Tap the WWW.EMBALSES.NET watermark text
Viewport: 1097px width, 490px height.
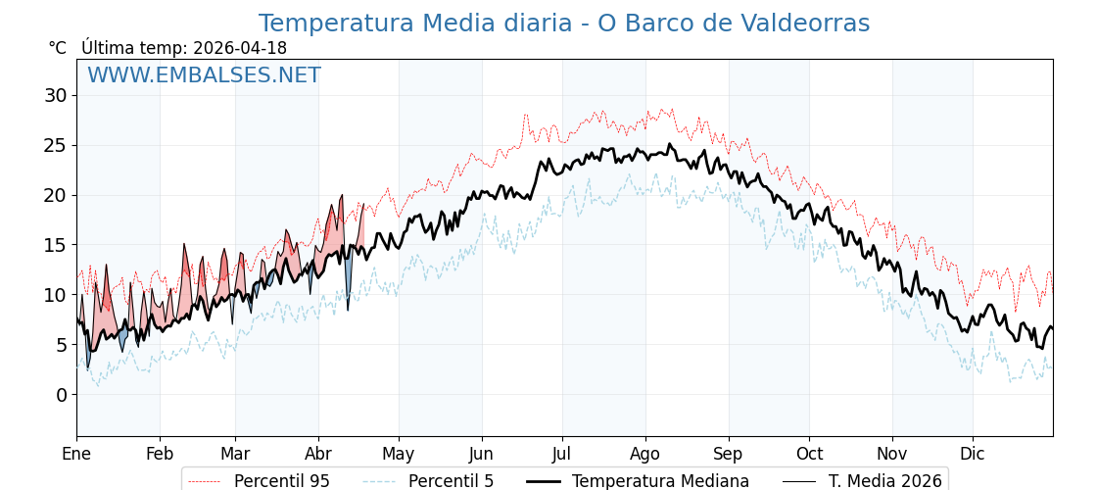point(204,75)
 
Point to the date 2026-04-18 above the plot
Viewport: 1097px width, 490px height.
point(240,48)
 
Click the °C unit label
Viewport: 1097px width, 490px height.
point(58,48)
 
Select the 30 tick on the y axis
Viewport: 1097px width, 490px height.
point(55,95)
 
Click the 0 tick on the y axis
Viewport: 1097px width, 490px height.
point(61,395)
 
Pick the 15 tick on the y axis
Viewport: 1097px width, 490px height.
point(55,245)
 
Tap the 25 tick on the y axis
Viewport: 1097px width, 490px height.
point(55,145)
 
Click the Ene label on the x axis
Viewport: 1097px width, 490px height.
point(76,454)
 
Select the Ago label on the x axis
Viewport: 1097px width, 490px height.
point(645,454)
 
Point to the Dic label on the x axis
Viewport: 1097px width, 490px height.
point(973,454)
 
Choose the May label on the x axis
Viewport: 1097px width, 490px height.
point(399,454)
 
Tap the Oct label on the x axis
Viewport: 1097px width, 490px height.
point(809,454)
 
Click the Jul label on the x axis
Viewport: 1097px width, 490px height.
point(562,454)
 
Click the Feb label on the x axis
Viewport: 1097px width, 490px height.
point(160,454)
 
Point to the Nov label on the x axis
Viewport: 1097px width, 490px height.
point(892,454)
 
